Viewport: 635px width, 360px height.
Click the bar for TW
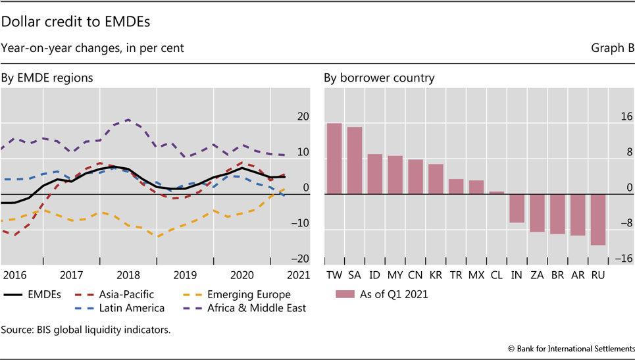[x=334, y=159]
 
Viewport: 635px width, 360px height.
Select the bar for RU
[x=597, y=219]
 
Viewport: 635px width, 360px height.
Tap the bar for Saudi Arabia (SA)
[x=355, y=161]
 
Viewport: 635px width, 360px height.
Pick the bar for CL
[x=497, y=193]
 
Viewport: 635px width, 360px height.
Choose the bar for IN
[x=517, y=208]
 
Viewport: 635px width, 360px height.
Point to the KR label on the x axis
[x=436, y=273]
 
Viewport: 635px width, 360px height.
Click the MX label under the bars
[x=476, y=273]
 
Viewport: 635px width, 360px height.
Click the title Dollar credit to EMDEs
[x=76, y=21]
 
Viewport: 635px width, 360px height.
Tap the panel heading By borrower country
[x=378, y=78]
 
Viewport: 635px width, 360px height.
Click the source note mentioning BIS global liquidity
[x=86, y=330]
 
